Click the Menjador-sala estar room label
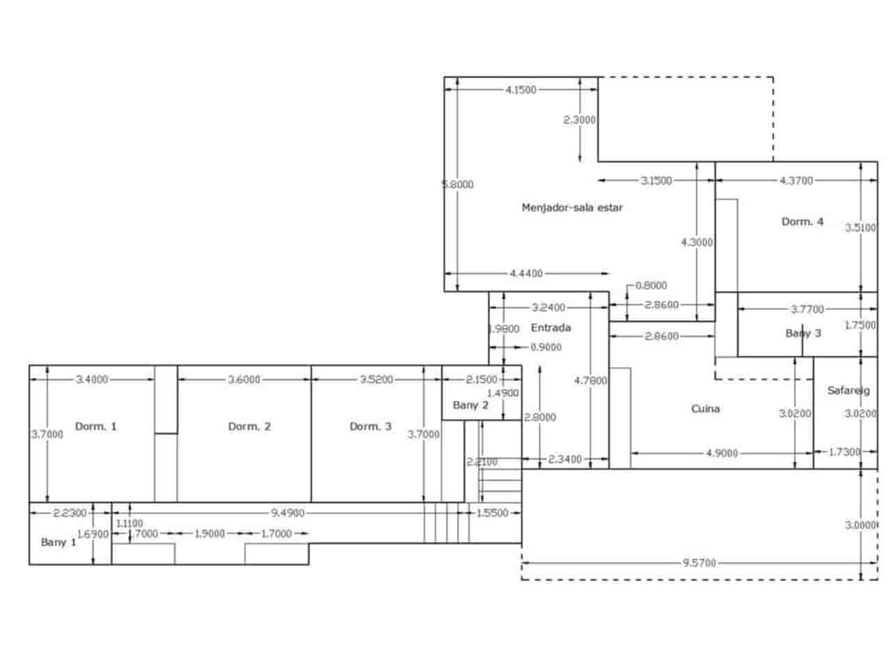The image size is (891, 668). click(x=572, y=207)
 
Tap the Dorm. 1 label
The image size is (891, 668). click(x=95, y=427)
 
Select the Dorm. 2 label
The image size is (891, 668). click(x=249, y=427)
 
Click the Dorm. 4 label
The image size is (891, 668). click(x=803, y=222)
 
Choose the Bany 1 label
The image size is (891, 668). click(x=58, y=542)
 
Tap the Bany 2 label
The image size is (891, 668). click(x=471, y=405)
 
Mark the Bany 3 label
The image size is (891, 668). click(x=803, y=333)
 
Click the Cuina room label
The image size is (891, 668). click(x=705, y=408)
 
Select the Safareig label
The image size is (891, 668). click(x=844, y=391)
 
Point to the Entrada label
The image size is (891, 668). click(x=551, y=328)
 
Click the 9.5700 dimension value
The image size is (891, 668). click(x=700, y=562)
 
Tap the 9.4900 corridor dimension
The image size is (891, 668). click(x=287, y=513)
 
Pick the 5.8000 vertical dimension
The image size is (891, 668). click(x=458, y=184)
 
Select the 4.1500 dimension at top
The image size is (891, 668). click(x=521, y=89)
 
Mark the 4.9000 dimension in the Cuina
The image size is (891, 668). click(x=721, y=453)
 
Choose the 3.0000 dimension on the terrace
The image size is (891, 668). click(x=861, y=525)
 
